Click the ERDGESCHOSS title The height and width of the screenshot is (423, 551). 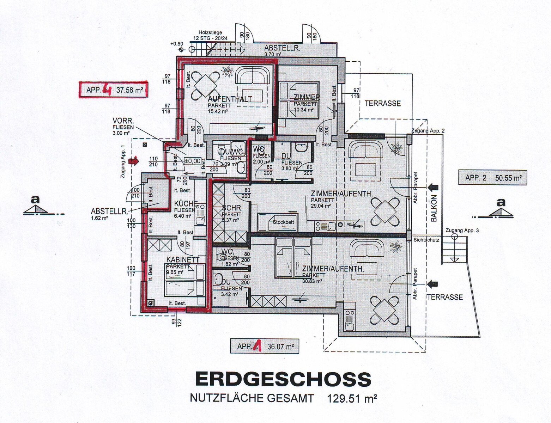pyautogui.click(x=283, y=379)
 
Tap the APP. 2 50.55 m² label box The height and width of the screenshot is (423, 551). pyautogui.click(x=493, y=178)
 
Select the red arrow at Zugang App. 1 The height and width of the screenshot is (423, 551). pyautogui.click(x=134, y=161)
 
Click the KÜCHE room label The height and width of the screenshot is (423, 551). pyautogui.click(x=186, y=204)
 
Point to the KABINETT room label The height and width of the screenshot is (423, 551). pyautogui.click(x=183, y=260)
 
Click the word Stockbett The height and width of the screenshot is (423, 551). pyautogui.click(x=283, y=222)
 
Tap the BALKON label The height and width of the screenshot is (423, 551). pyautogui.click(x=434, y=208)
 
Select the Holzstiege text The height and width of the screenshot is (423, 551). pyautogui.click(x=210, y=33)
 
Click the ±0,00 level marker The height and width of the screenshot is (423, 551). pyautogui.click(x=193, y=161)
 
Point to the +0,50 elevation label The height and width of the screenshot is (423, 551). pyautogui.click(x=177, y=44)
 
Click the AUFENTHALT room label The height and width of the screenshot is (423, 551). pyautogui.click(x=230, y=99)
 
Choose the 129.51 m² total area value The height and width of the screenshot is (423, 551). pyautogui.click(x=352, y=399)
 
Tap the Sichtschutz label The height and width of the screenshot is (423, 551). pyautogui.click(x=426, y=240)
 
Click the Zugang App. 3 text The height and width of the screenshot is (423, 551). pyautogui.click(x=462, y=231)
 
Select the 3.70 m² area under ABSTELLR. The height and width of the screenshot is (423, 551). pyautogui.click(x=273, y=54)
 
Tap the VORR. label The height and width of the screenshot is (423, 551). pyautogui.click(x=123, y=121)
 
